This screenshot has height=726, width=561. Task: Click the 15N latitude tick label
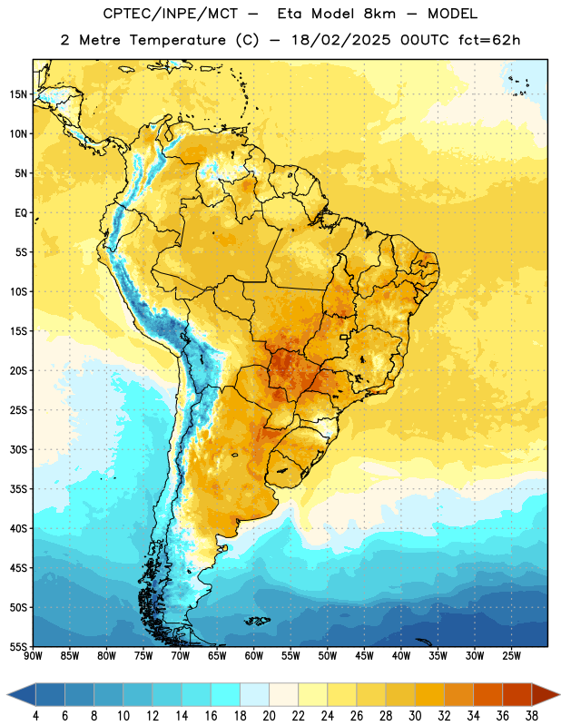[18, 94]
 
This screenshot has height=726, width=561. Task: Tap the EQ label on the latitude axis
[21, 213]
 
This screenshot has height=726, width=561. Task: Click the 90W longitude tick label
[34, 656]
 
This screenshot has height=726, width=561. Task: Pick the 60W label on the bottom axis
[254, 656]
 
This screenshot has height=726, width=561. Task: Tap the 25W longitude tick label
[511, 656]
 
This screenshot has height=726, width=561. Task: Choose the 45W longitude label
[364, 656]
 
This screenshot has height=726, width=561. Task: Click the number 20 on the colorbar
[269, 716]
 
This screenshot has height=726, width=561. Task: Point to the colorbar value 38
[532, 716]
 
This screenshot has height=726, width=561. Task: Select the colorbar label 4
[35, 716]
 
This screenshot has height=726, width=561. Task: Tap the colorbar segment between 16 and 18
[226, 695]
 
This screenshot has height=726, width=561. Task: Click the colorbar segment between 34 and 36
[488, 695]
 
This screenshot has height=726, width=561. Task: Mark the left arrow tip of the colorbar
[7, 695]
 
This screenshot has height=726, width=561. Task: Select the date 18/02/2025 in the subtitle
[340, 40]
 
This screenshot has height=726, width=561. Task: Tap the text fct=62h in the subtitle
[489, 40]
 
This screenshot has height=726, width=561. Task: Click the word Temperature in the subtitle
[177, 40]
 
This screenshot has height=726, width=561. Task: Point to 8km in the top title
[379, 14]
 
